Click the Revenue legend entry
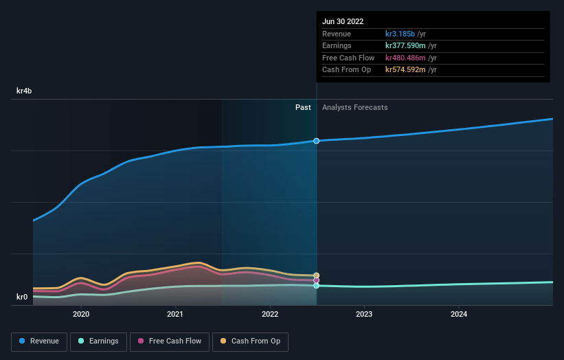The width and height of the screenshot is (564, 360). point(39,341)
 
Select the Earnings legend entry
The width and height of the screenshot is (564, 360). point(98,341)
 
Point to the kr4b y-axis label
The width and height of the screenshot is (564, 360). point(24,91)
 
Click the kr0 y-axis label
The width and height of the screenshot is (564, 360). point(22,297)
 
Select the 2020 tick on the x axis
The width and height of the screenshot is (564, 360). point(81,314)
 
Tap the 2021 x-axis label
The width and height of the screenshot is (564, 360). point(175,314)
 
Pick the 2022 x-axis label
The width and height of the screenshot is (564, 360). point(270,314)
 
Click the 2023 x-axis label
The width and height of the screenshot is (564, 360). point(364,314)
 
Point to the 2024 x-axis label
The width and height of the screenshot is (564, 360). point(458,314)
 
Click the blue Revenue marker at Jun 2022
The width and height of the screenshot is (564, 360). point(317,141)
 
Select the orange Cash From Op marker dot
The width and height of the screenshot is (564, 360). point(317,275)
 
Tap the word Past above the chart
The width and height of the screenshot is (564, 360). point(303,108)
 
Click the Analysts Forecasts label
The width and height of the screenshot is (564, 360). point(354,108)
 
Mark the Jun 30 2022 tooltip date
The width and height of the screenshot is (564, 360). point(343,21)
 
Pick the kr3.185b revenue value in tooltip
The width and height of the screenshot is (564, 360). point(405,34)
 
